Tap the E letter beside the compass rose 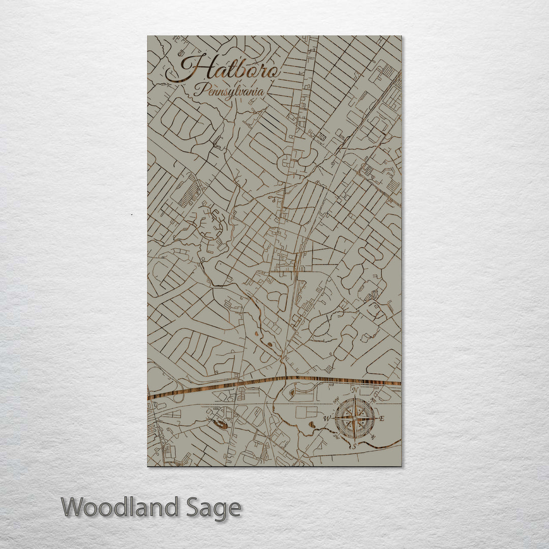coord(382,419)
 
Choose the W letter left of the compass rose coord(327,419)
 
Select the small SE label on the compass coord(374,437)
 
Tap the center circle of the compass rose coord(355,418)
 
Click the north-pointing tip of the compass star coord(355,400)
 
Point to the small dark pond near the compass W coord(311,423)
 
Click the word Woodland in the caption coord(120,508)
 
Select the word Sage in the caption coord(212,508)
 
